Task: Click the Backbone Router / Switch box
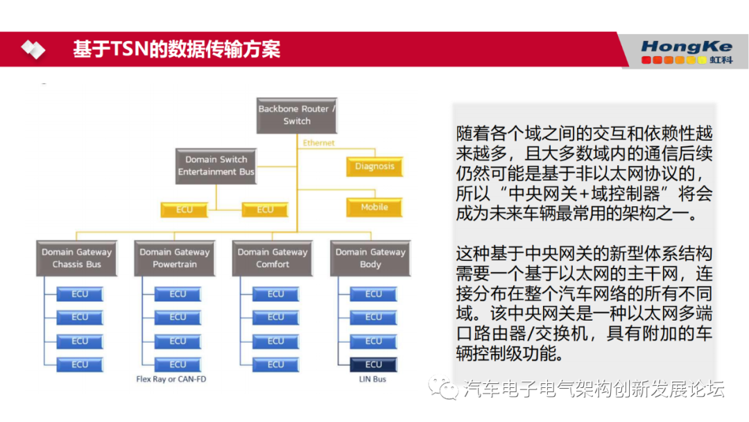297,115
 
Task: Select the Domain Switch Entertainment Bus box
216,166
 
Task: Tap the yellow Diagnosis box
374,167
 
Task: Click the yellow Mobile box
374,208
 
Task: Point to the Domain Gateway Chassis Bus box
76,258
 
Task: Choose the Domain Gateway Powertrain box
174,258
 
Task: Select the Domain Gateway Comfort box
273,258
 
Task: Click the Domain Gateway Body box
370,258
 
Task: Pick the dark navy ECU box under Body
374,364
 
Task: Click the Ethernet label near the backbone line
318,143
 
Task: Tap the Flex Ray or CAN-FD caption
171,380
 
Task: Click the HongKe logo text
686,47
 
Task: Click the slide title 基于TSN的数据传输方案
177,50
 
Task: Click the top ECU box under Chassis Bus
80,294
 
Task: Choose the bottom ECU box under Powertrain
178,364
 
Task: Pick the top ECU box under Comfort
276,294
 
